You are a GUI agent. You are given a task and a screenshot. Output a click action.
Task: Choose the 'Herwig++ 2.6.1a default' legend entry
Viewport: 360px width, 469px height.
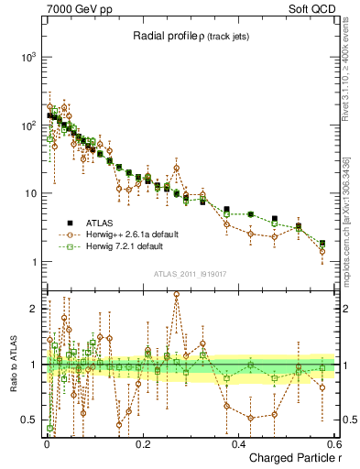point(132,234)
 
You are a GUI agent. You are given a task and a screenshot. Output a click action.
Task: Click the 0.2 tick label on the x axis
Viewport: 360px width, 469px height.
point(143,443)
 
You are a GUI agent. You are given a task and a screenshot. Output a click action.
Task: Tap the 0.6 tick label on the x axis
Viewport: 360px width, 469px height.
point(333,443)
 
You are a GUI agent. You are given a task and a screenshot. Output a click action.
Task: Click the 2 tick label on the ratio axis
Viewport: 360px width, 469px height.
point(33,309)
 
